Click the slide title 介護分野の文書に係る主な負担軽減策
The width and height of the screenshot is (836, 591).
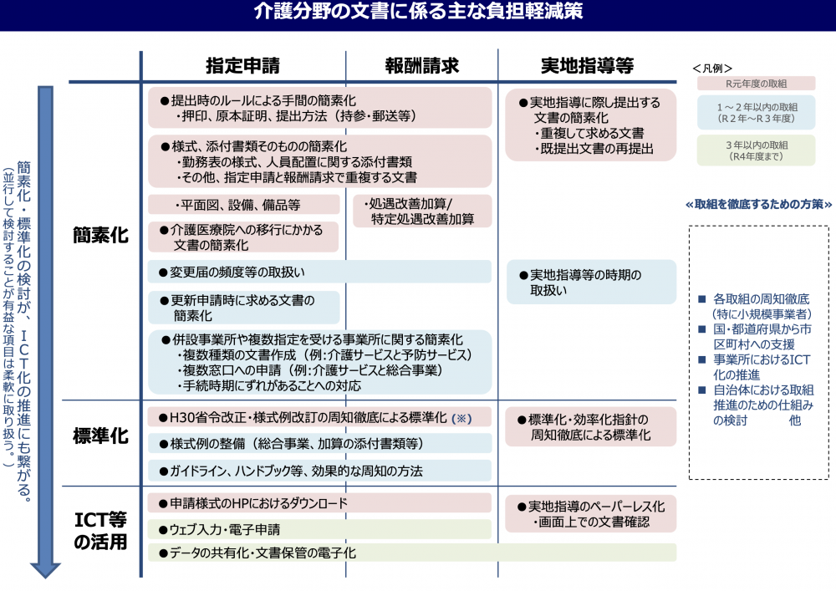click(x=418, y=13)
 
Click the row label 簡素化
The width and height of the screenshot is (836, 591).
click(x=100, y=236)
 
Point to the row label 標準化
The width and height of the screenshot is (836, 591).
click(x=100, y=436)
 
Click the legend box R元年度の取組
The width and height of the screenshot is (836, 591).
click(x=756, y=84)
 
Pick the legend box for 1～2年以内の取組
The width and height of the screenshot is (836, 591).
click(x=756, y=112)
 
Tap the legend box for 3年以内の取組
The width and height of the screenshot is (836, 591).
click(x=756, y=150)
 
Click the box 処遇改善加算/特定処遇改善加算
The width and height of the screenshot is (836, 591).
click(x=423, y=211)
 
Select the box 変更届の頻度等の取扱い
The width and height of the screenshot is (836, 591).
click(x=320, y=272)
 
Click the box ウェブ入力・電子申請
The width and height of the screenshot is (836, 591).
click(x=320, y=529)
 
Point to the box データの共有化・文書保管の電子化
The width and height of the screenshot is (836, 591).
click(x=412, y=553)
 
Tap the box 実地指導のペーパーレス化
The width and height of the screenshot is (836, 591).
click(x=590, y=514)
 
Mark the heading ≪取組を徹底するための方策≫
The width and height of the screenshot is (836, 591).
click(x=759, y=204)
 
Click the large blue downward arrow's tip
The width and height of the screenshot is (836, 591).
click(x=46, y=575)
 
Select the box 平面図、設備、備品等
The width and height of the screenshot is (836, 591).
click(x=244, y=205)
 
